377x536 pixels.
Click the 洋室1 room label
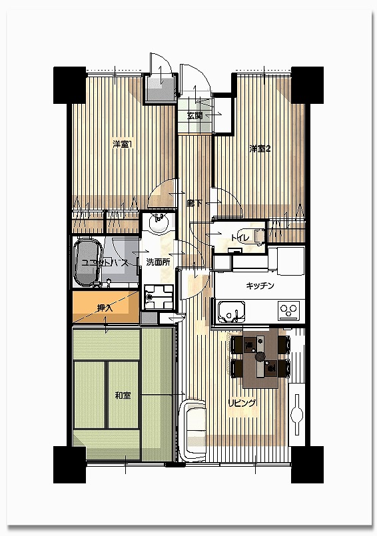coord(123,144)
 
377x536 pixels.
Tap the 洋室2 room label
coord(260,149)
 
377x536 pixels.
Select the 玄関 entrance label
coord(194,116)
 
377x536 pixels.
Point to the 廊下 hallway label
coord(194,204)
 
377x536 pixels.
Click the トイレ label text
coord(240,238)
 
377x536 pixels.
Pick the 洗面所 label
coord(158,262)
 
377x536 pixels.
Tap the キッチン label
coord(260,286)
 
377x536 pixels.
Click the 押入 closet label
coord(105,308)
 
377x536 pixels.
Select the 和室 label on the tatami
coord(123,396)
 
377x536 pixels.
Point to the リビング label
coord(242,403)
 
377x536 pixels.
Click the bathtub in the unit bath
coord(89,262)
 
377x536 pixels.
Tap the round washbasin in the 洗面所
coord(159,224)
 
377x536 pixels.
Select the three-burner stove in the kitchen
coord(288,311)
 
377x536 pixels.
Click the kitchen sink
coord(232,312)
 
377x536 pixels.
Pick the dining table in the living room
coord(260,358)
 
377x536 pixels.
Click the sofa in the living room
coord(192,429)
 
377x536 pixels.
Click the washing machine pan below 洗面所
coord(159,297)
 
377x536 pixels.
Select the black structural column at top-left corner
coord(69,85)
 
